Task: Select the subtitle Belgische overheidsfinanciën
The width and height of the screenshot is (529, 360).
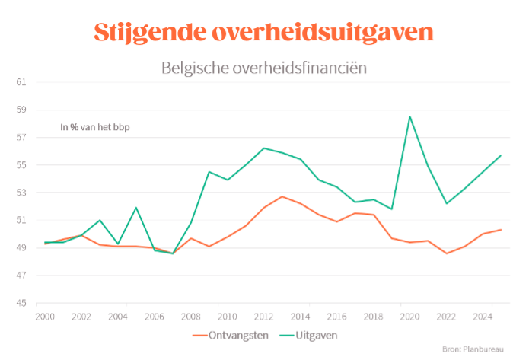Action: [x=264, y=68]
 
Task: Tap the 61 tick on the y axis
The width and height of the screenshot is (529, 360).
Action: [x=21, y=82]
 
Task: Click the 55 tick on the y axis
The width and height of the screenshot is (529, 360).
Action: [x=21, y=165]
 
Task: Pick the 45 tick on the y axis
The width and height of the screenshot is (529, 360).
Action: [x=21, y=303]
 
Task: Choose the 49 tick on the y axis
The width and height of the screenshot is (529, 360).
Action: [x=21, y=248]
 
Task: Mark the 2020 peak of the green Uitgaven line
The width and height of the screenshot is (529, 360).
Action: [x=409, y=116]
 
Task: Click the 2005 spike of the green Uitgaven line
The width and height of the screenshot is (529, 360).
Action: [x=136, y=208]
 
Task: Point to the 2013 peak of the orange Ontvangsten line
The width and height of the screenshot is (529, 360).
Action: [x=282, y=196]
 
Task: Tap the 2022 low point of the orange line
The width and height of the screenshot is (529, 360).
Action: [x=446, y=253]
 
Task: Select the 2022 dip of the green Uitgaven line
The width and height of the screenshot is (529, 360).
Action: [x=446, y=203]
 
